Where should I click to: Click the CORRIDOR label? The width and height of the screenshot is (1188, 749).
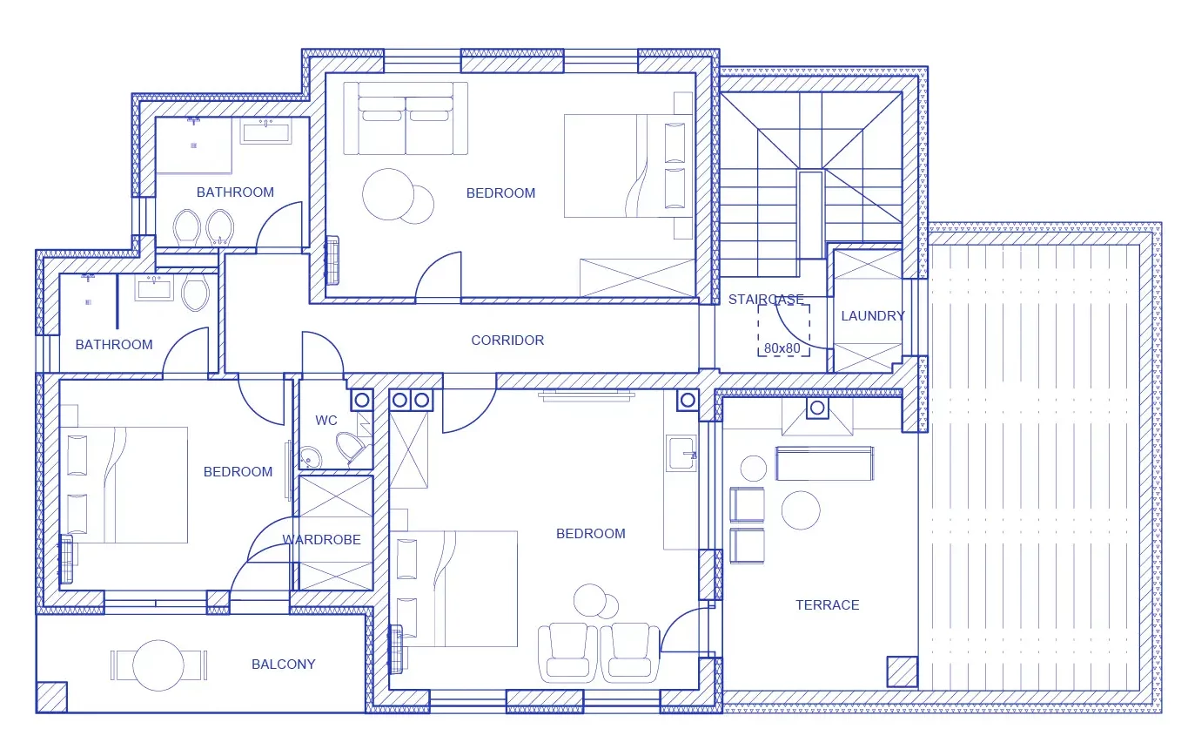point(507,341)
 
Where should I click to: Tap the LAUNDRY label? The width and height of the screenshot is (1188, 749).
point(873,316)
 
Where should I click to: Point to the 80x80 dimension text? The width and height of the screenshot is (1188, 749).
point(782,348)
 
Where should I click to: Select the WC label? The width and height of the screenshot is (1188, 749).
point(326,421)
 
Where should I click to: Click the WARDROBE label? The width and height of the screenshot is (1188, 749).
point(321,540)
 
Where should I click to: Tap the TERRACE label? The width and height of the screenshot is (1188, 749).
point(828,605)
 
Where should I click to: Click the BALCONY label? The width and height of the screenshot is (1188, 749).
point(283,664)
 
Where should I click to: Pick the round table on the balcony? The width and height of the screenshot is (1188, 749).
point(158,665)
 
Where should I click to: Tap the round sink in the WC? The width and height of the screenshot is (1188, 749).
point(311,457)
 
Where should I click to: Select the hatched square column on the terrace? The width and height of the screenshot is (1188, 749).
point(903,671)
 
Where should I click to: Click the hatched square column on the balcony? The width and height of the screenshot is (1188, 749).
point(52,697)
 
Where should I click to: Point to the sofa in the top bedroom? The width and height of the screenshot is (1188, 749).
point(406,118)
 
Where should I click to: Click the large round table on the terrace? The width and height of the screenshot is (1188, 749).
point(801,510)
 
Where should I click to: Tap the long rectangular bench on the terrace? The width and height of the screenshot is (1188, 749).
point(825,463)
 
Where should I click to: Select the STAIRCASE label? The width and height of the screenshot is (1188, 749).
point(766,300)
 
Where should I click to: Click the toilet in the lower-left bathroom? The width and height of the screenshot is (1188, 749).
point(195,294)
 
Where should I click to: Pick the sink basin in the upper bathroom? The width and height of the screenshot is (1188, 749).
point(265,132)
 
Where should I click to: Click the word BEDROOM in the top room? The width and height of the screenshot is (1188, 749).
point(500,193)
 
